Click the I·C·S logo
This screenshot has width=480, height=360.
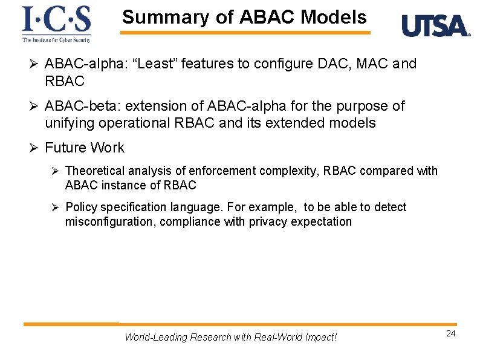(x=56, y=20)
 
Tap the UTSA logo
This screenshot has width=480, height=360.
(x=435, y=27)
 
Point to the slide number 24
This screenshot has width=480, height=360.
(x=450, y=334)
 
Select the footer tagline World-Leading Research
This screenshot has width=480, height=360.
(x=230, y=337)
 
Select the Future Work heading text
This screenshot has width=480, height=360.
(x=85, y=148)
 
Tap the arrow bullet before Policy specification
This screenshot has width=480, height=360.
(x=55, y=208)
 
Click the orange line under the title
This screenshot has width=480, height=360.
(x=244, y=33)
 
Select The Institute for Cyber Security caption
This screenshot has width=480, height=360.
(x=56, y=40)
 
